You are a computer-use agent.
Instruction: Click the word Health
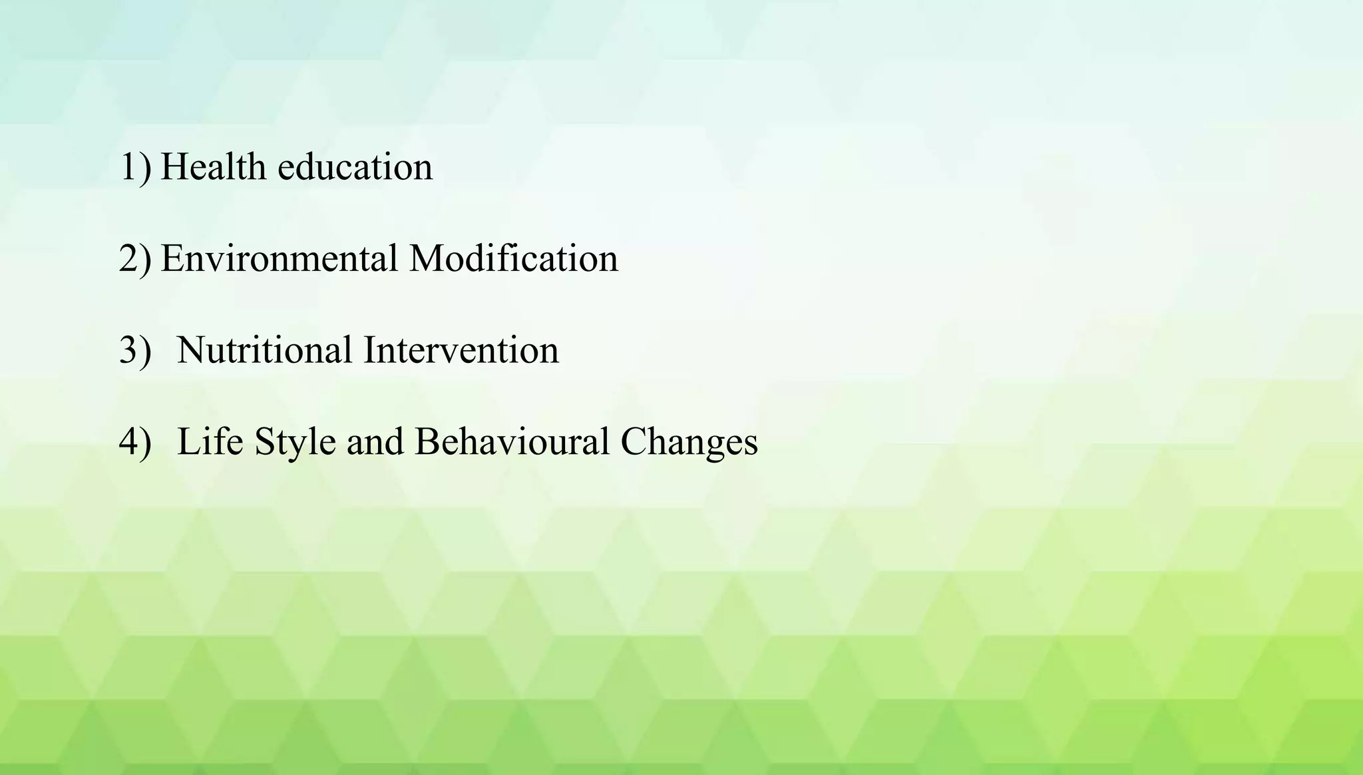[x=213, y=166]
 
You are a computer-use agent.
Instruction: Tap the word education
[x=355, y=166]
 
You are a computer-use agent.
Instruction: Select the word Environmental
[x=279, y=258]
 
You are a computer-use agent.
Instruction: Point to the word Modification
[x=513, y=258]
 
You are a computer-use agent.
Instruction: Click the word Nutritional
[x=264, y=350]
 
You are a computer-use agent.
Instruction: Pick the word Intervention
[x=461, y=350]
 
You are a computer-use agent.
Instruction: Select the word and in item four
[x=375, y=441]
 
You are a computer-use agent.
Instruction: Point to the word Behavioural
[x=512, y=441]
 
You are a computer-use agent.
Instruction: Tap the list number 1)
[x=135, y=166]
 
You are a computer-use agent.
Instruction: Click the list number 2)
[x=135, y=258]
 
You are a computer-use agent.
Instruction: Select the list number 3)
[x=135, y=350]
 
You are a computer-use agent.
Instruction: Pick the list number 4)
[x=135, y=441]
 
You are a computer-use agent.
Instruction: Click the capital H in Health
[x=174, y=166]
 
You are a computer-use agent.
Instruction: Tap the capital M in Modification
[x=426, y=258]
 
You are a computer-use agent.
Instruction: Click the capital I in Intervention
[x=370, y=350]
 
